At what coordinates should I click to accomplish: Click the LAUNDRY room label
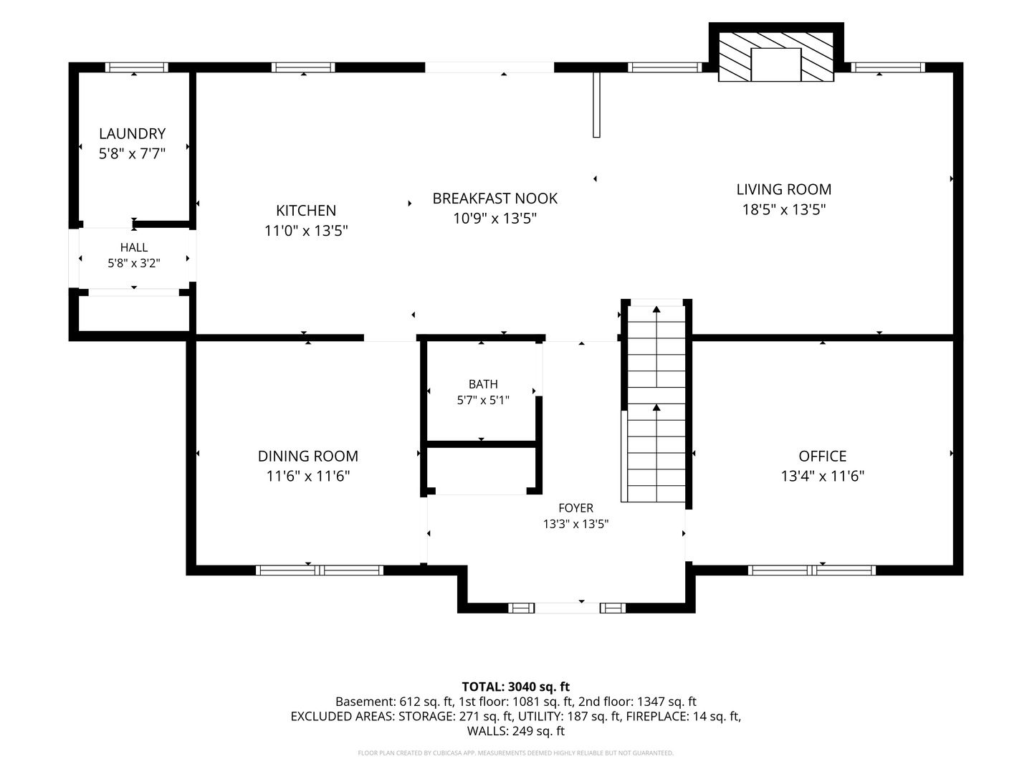click(132, 133)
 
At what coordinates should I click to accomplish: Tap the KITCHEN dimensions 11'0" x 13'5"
click(306, 231)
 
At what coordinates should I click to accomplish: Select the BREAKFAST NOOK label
click(495, 199)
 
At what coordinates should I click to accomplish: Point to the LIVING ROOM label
click(784, 189)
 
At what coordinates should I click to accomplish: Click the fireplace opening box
click(775, 64)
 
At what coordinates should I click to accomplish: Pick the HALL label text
click(134, 247)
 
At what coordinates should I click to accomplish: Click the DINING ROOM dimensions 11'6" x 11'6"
click(308, 476)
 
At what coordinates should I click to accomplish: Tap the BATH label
click(483, 384)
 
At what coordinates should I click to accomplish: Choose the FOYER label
click(576, 507)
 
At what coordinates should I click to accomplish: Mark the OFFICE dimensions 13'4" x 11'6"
click(823, 476)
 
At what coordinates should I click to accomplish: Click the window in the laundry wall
click(136, 67)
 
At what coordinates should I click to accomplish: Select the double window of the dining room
click(320, 570)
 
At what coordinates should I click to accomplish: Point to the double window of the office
click(812, 570)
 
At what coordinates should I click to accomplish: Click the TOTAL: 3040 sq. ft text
click(516, 687)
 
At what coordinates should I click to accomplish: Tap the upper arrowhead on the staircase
click(656, 309)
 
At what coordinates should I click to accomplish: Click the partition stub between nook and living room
click(597, 105)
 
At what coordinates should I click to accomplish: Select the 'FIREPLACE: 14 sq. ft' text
click(684, 716)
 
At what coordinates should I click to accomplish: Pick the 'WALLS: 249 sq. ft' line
click(516, 731)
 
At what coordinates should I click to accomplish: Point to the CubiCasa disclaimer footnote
click(516, 752)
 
